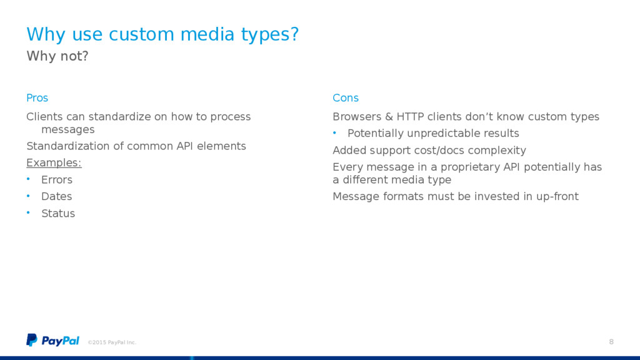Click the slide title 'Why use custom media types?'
coord(162,34)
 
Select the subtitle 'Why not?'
coord(57,56)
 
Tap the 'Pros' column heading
coord(37,98)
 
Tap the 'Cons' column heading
coord(345,98)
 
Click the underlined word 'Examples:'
coord(54,163)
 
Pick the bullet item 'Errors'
coord(57,179)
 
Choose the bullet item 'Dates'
coord(56,196)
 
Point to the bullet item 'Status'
coord(58,214)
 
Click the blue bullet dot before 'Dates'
coord(28,196)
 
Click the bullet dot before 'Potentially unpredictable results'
coord(334,132)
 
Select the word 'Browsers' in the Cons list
coord(357,117)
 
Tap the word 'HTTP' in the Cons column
coord(410,117)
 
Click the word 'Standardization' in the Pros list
coord(68,146)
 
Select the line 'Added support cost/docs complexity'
coord(429,151)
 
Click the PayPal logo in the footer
coord(52,341)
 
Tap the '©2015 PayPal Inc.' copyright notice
coord(112,342)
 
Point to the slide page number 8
coord(611,342)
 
